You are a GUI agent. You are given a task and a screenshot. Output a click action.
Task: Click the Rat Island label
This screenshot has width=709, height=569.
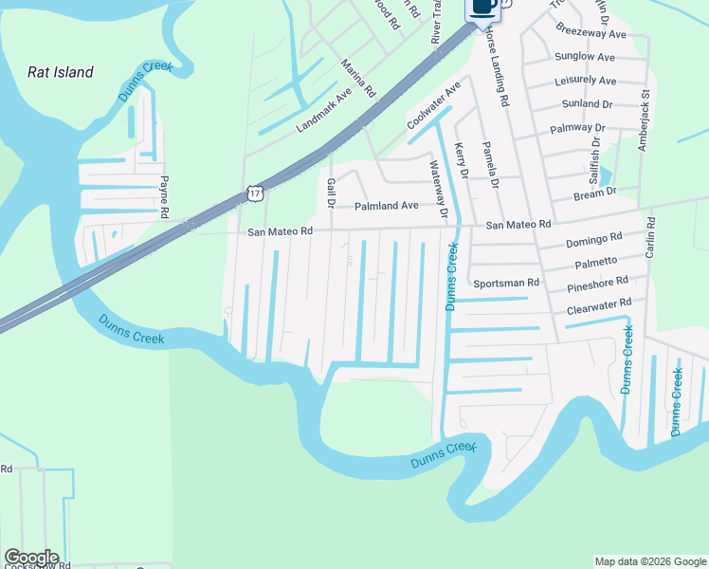(x=61, y=72)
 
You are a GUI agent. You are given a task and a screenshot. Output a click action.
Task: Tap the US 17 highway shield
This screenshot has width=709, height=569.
(x=253, y=193)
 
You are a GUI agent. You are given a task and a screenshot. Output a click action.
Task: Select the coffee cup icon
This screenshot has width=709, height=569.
(x=482, y=7)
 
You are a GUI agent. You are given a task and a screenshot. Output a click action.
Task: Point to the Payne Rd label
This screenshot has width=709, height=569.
(x=164, y=196)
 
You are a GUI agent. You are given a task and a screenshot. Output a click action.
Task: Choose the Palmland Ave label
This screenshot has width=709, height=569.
(x=386, y=205)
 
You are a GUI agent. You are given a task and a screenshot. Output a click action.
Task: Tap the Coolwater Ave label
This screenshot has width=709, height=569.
(x=432, y=105)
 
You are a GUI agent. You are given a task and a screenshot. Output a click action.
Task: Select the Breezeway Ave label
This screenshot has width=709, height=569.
(x=591, y=34)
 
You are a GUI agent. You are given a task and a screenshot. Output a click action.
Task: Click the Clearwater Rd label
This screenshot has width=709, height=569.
(x=598, y=304)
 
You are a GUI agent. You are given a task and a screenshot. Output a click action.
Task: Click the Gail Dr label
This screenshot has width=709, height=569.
(x=331, y=193)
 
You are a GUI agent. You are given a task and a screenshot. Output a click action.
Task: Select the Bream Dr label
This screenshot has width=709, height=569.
(x=595, y=193)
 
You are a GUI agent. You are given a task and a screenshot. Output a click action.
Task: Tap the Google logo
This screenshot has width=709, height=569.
(x=31, y=558)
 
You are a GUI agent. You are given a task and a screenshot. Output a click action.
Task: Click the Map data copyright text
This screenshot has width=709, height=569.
(x=649, y=561)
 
